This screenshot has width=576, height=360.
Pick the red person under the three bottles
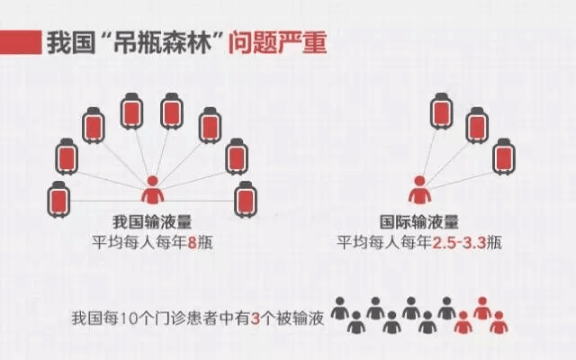(x=418, y=190)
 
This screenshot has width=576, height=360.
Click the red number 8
(x=191, y=241)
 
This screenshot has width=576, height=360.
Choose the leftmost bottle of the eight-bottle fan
(x=58, y=198)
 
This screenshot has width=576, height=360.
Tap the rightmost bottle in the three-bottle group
(x=504, y=156)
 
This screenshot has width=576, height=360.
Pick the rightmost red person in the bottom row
(x=499, y=321)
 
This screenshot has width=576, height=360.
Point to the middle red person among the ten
(x=482, y=309)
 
